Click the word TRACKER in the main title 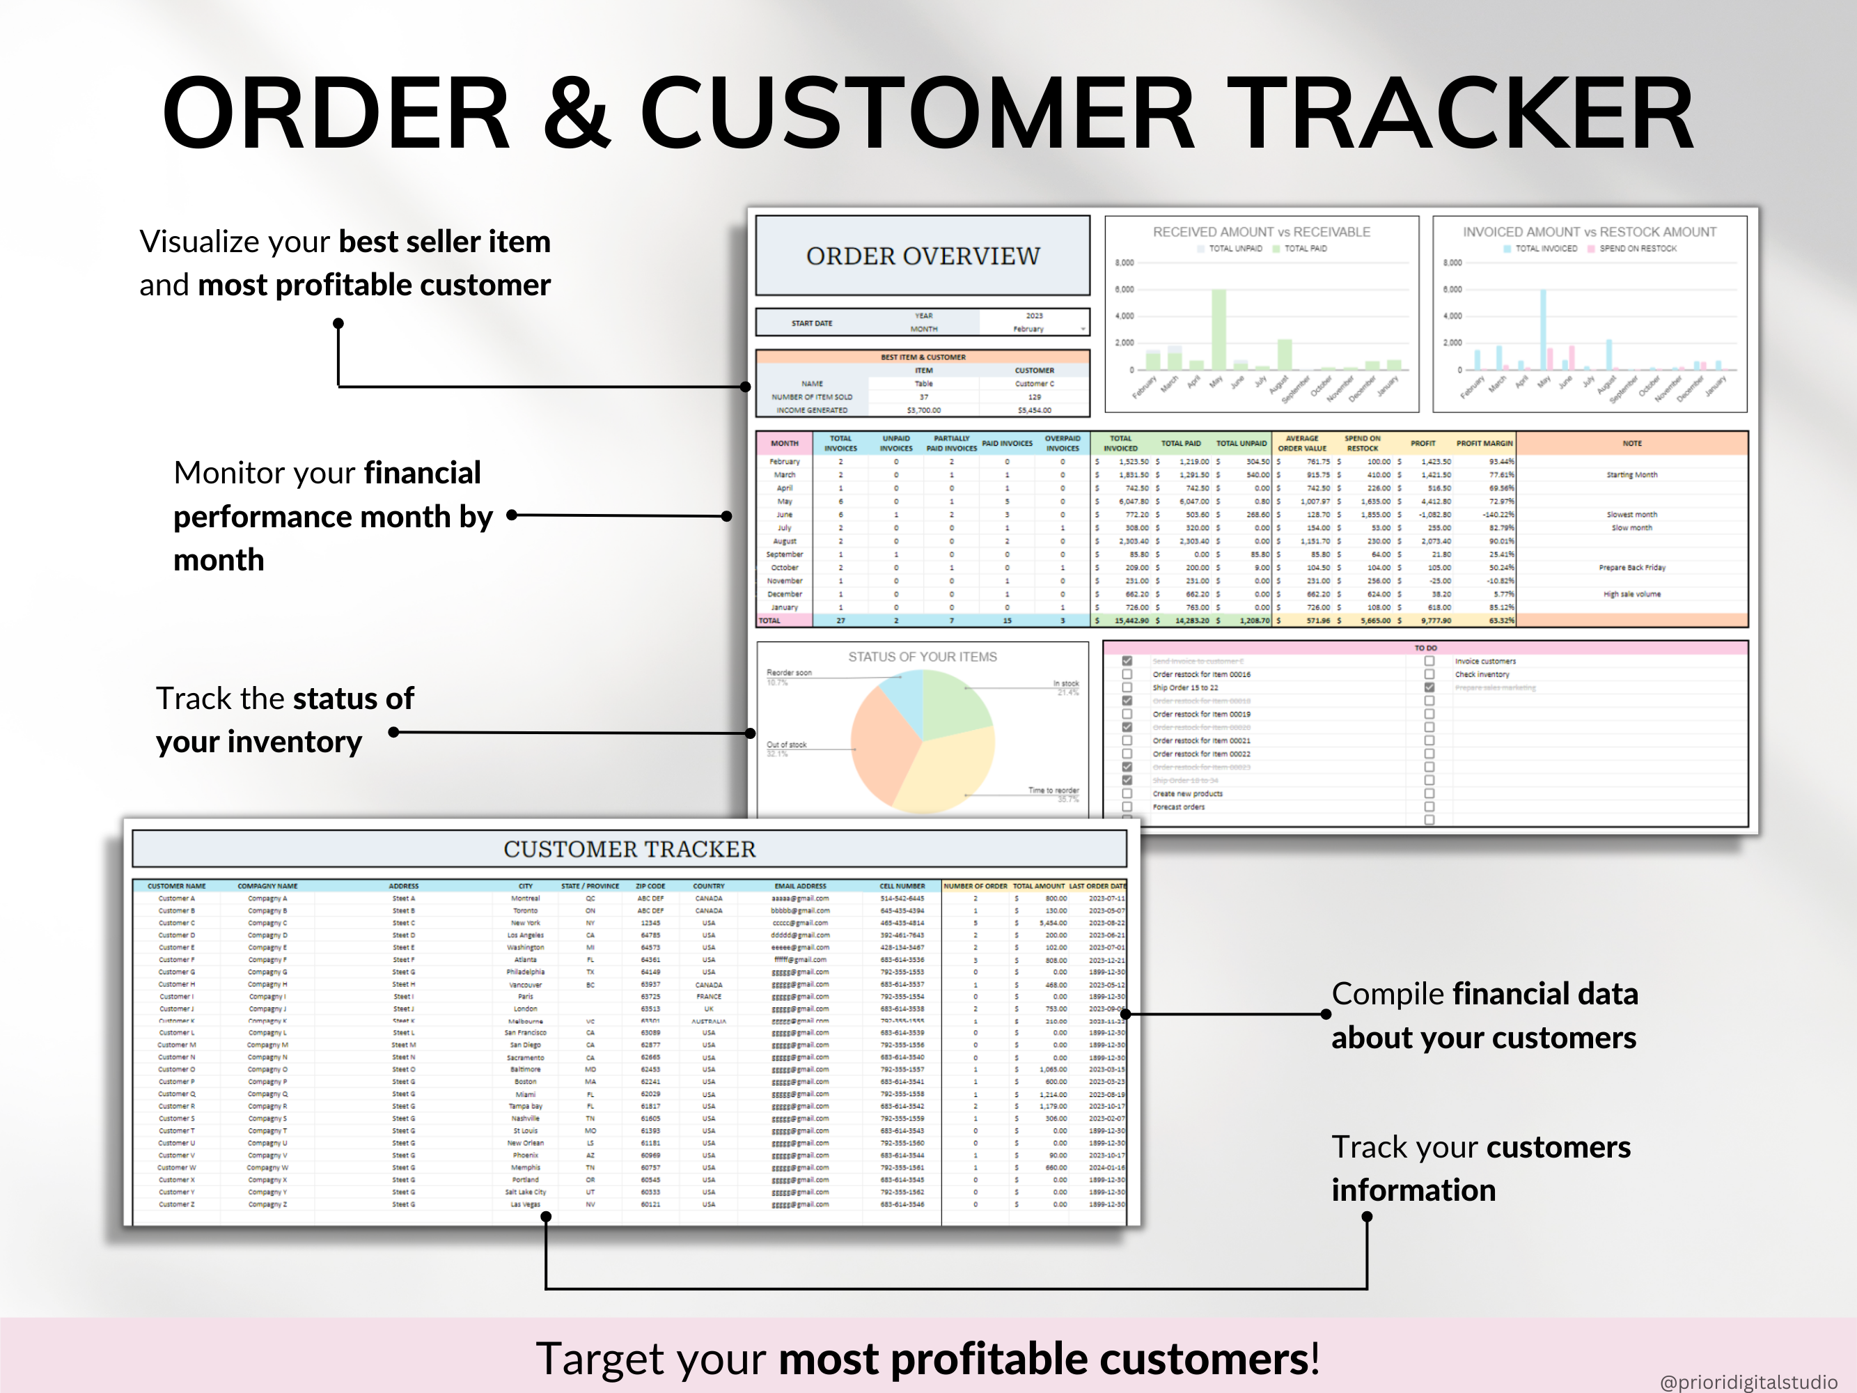[1465, 114]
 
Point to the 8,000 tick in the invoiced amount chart [1452, 263]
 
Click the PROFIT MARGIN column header [1484, 444]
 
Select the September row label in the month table [784, 554]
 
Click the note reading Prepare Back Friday [1632, 568]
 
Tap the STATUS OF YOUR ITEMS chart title [922, 657]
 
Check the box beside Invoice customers [1429, 661]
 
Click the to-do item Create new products [1187, 793]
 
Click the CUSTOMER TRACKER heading [629, 849]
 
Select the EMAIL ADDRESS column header [800, 886]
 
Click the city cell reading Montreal [526, 898]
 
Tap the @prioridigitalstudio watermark [1748, 1381]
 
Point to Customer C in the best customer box [1034, 384]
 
